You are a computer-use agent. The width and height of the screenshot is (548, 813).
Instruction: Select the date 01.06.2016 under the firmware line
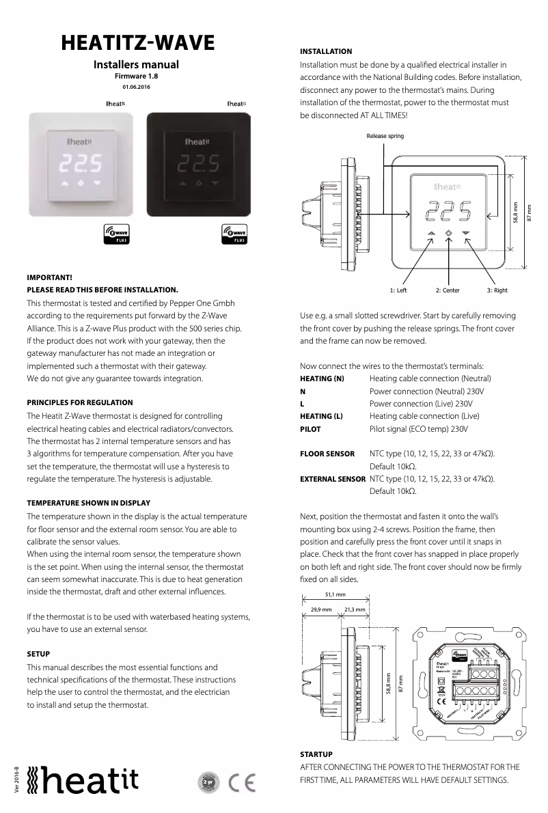137,87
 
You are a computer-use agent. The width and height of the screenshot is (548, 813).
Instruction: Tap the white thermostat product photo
80,165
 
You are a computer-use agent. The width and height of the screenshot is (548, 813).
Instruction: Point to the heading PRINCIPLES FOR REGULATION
80,402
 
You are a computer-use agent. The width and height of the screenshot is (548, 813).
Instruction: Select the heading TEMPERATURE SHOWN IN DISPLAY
88,503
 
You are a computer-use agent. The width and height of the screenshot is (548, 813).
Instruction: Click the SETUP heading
38,654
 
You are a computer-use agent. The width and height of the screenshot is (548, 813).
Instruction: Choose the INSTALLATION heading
326,51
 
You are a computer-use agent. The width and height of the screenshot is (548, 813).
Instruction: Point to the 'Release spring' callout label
385,136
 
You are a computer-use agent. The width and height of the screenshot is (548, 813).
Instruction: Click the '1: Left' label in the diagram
398,290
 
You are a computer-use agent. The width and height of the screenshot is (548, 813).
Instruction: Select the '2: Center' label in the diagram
448,290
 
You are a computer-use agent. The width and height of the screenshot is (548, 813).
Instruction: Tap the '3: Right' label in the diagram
497,290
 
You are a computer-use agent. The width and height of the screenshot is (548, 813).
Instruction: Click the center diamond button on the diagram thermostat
448,233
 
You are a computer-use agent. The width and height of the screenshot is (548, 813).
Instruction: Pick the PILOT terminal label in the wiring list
310,430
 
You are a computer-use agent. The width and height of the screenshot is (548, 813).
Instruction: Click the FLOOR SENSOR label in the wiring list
327,454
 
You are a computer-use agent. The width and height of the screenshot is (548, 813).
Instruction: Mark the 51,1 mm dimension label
335,594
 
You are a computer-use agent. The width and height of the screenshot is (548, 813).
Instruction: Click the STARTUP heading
316,754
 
